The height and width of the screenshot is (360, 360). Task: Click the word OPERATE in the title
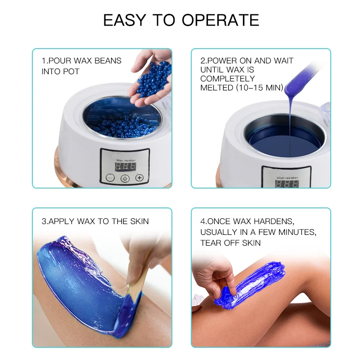click(220, 20)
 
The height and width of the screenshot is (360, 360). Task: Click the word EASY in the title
click(125, 20)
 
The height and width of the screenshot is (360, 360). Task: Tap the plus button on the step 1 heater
click(139, 177)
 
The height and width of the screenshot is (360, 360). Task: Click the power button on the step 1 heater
click(125, 178)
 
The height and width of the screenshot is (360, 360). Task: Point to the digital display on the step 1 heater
click(126, 166)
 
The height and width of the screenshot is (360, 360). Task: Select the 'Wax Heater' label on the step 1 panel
click(126, 160)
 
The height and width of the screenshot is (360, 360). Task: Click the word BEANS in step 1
click(108, 61)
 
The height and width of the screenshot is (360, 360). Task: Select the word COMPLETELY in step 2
click(228, 78)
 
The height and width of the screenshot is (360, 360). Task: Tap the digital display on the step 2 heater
click(287, 184)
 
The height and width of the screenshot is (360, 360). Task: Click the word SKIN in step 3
click(139, 221)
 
